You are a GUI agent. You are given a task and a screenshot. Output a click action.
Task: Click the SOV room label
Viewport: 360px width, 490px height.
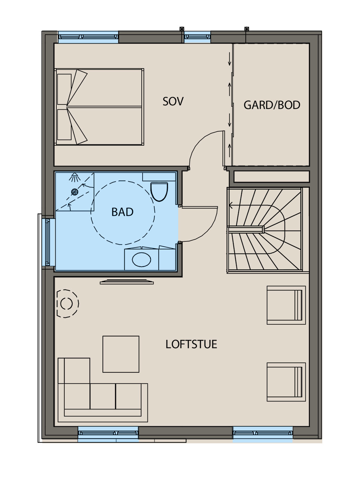(173, 101)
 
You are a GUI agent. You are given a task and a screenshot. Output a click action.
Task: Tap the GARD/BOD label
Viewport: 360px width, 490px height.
(272, 105)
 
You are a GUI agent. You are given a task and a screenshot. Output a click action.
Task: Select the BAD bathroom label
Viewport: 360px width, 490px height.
(123, 212)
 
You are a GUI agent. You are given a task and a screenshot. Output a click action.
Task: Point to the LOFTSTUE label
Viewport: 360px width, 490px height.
(191, 344)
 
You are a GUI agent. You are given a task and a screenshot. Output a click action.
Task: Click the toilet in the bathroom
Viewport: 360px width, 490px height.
(159, 192)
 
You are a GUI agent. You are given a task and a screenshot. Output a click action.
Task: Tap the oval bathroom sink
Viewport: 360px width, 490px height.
(142, 259)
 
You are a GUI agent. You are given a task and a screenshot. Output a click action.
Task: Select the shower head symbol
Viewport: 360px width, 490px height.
(75, 177)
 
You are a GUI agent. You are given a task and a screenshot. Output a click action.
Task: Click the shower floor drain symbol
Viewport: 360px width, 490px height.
(75, 192)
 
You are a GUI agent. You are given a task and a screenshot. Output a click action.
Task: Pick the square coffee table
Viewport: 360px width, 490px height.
(121, 354)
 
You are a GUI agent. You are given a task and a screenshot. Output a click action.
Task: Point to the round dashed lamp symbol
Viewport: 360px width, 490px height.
(67, 303)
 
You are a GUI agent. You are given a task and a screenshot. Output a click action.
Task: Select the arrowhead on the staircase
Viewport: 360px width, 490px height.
(231, 205)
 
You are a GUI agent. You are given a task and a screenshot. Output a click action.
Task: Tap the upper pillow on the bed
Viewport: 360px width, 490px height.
(64, 89)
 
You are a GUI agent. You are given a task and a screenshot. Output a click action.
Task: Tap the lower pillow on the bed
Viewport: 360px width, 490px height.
(64, 125)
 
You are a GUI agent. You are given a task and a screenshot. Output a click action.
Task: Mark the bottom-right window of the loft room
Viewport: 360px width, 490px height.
(262, 433)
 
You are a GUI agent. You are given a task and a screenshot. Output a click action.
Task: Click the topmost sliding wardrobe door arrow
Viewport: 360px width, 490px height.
(229, 59)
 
